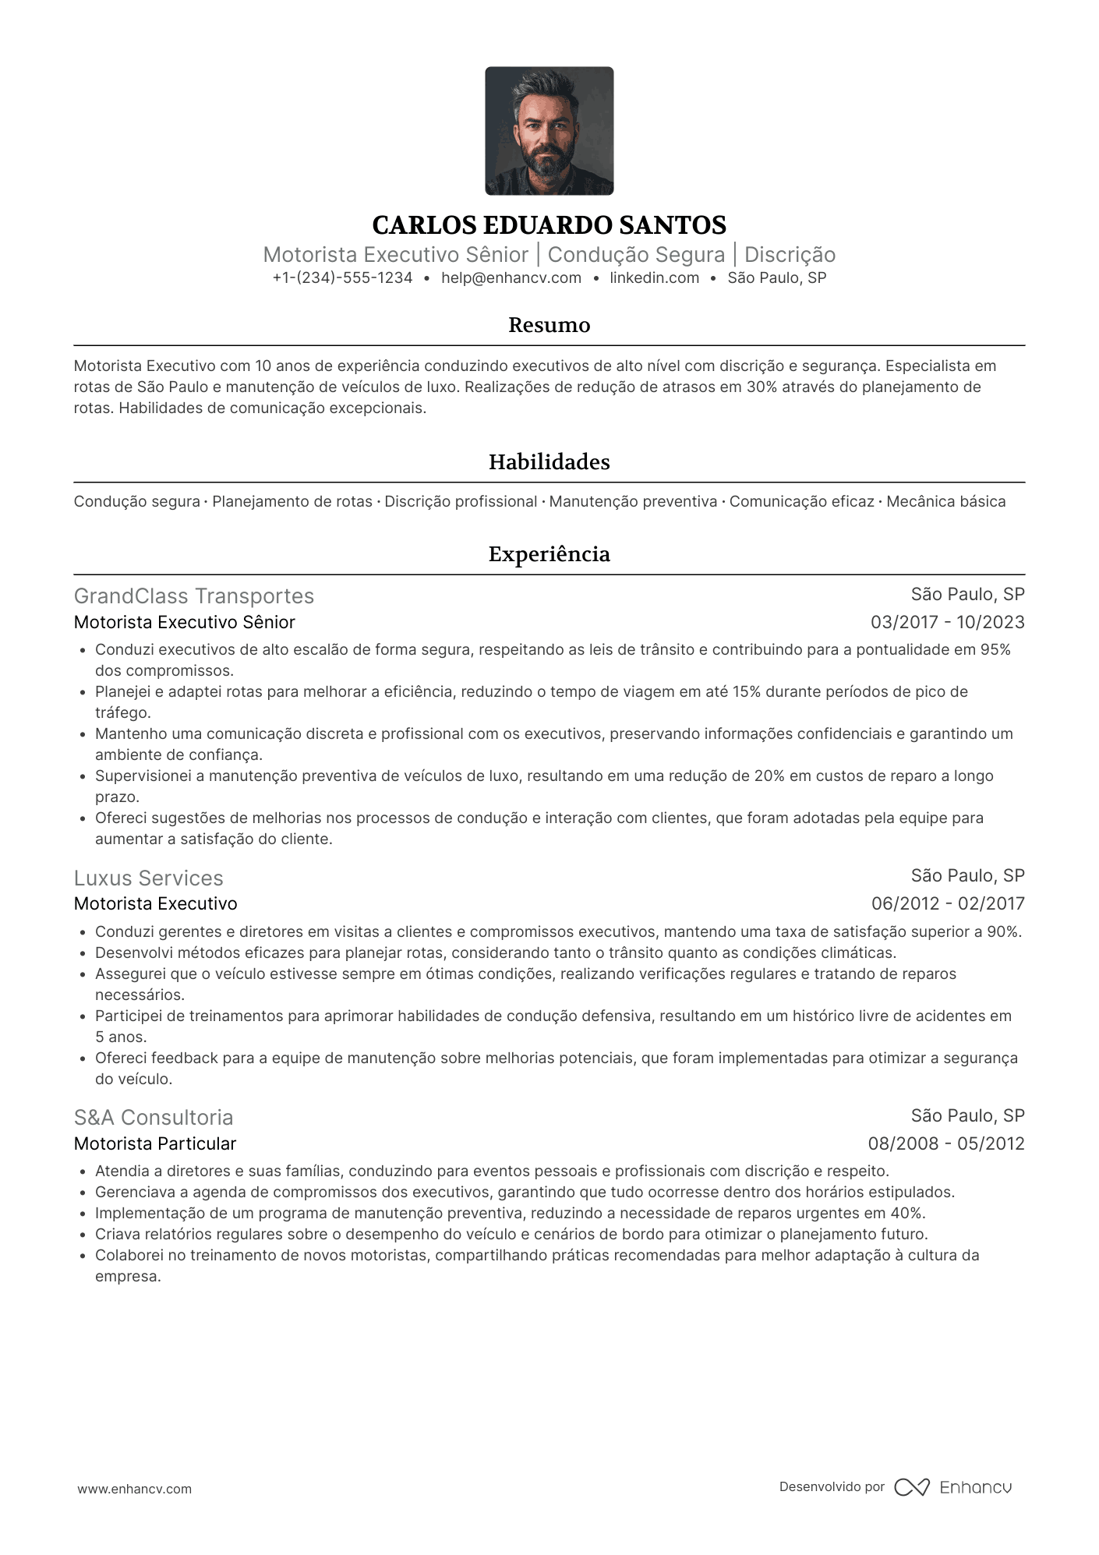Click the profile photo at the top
coord(549,131)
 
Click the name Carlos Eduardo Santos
coord(549,225)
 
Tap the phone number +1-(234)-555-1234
coord(342,278)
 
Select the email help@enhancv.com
coord(511,278)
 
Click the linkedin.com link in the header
coord(654,278)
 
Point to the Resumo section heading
coord(549,325)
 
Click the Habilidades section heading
coord(549,462)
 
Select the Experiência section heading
coord(549,554)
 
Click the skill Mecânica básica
coord(945,502)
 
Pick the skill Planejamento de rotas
coord(292,502)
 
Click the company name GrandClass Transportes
coord(194,596)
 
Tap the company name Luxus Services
coord(149,878)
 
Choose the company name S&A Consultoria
coord(154,1118)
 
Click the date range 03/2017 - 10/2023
coord(947,622)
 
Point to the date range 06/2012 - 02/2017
coord(947,904)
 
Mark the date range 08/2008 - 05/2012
coord(945,1143)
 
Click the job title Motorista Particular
coord(155,1143)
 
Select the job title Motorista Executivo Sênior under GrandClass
coord(185,622)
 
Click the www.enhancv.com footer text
coord(134,1489)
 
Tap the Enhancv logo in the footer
coord(952,1487)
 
